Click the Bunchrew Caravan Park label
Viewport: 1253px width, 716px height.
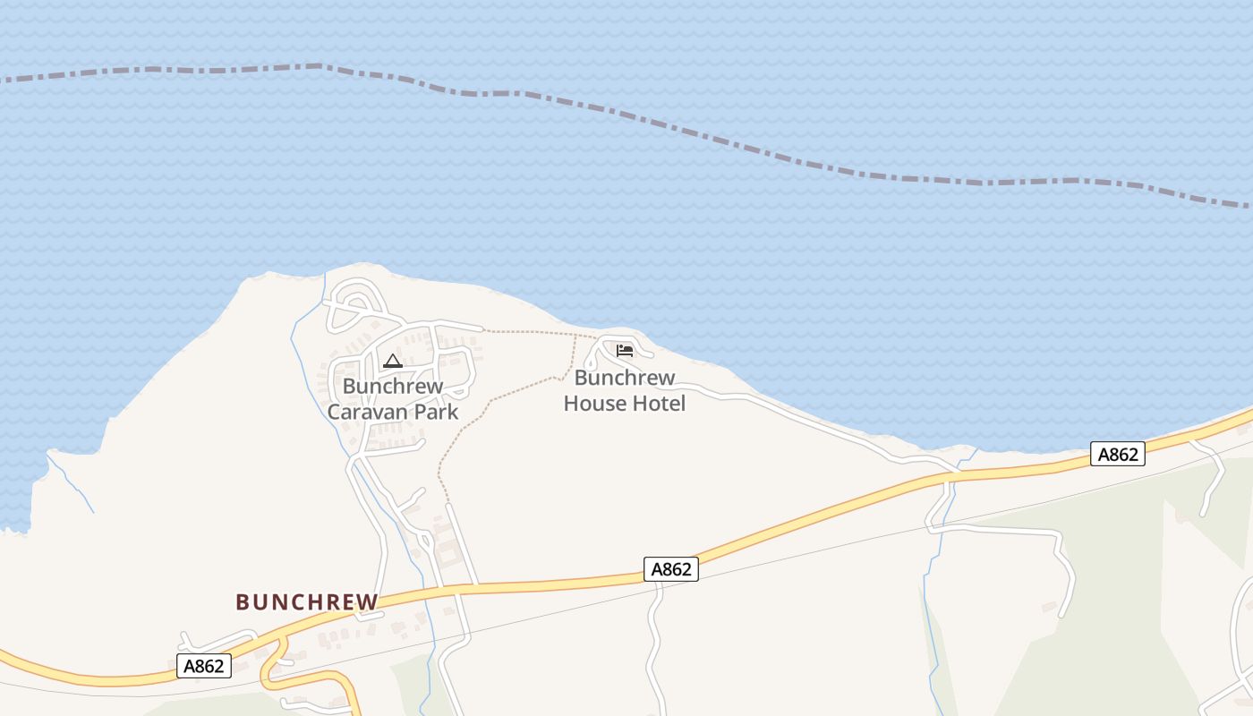click(393, 399)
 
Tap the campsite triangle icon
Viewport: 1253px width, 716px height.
click(392, 362)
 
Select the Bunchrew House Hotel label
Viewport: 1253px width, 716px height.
click(625, 391)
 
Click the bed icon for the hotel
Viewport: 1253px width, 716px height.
click(625, 351)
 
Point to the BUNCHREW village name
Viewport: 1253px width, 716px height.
click(307, 601)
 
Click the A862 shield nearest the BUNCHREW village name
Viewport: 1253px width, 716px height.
click(204, 666)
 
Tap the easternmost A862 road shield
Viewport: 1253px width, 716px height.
click(1118, 455)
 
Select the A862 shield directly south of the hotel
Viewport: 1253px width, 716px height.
click(670, 569)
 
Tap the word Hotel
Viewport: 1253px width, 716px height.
click(657, 404)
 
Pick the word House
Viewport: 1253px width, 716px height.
click(592, 404)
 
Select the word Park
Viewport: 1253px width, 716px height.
click(433, 412)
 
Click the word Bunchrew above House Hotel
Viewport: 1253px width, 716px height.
click(625, 378)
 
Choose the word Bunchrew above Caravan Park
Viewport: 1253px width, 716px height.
click(393, 387)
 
